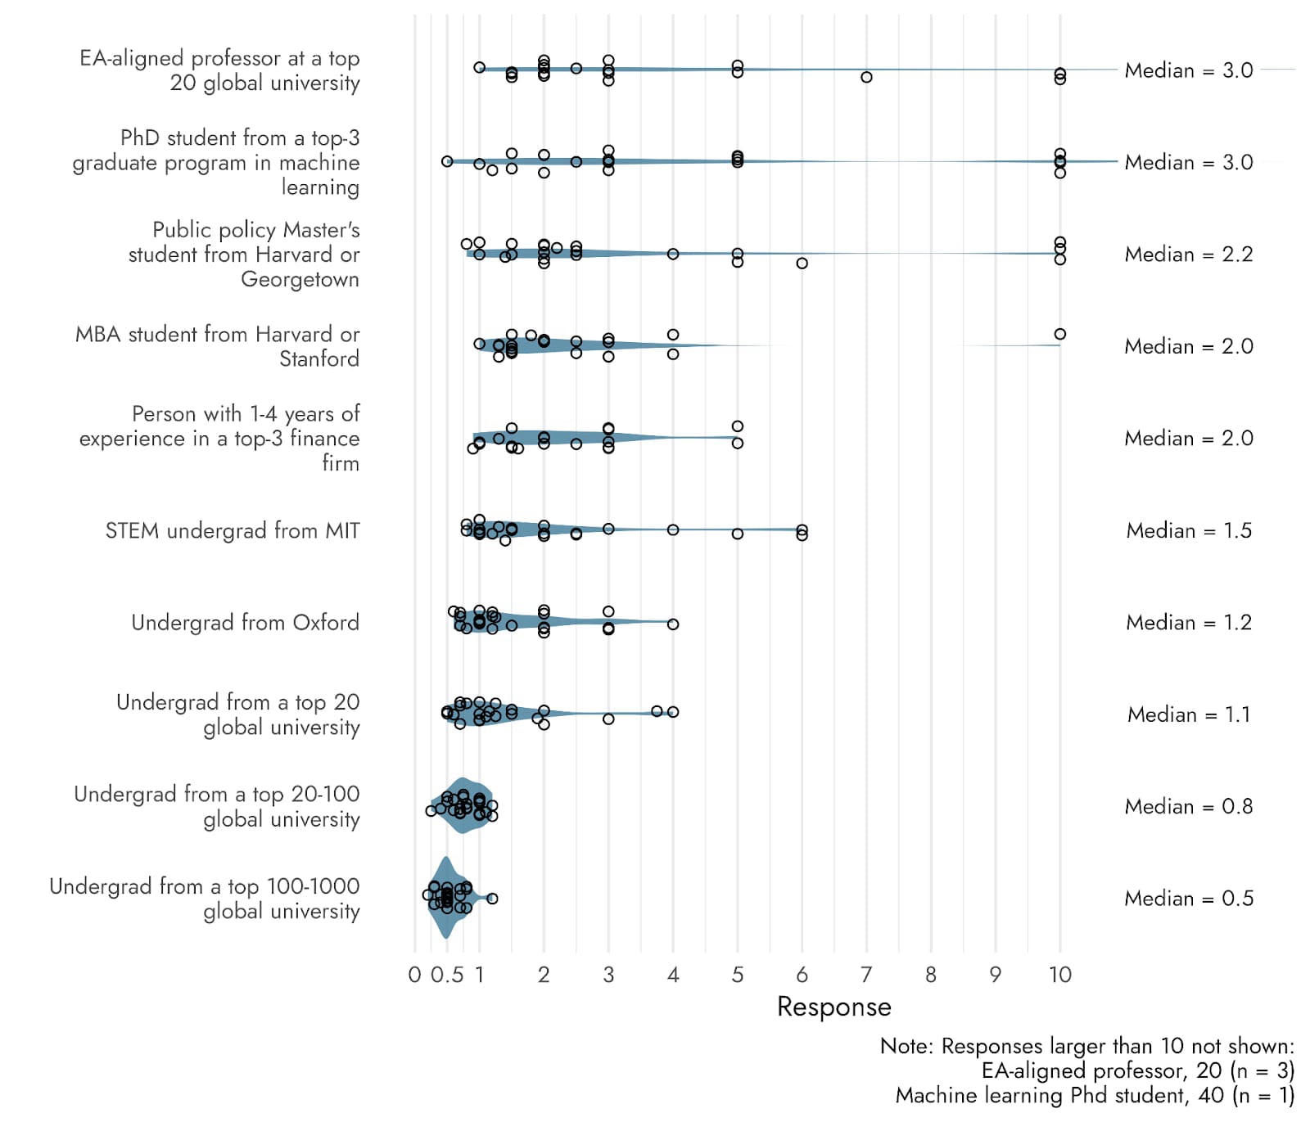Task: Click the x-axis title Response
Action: coord(833,1007)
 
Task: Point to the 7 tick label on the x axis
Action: coord(866,975)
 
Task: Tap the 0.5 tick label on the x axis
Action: coord(447,975)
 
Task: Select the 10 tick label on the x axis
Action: coord(1060,975)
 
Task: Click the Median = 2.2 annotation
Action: coord(1188,255)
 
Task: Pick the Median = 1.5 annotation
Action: coord(1188,530)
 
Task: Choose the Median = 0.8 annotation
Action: coord(1188,807)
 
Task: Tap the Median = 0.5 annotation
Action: coord(1188,899)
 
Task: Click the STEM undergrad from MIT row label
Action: coord(233,531)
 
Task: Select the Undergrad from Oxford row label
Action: coord(245,623)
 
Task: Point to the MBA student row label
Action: coord(217,346)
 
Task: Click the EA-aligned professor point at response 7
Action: coord(866,77)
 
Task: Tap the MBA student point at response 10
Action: coord(1060,334)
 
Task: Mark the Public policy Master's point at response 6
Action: coord(802,264)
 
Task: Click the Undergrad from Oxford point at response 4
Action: coord(673,624)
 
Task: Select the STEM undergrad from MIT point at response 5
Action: coord(738,534)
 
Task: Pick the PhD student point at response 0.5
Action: coord(447,161)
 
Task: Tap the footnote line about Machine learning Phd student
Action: coord(1095,1096)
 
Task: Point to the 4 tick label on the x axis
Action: coord(673,975)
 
